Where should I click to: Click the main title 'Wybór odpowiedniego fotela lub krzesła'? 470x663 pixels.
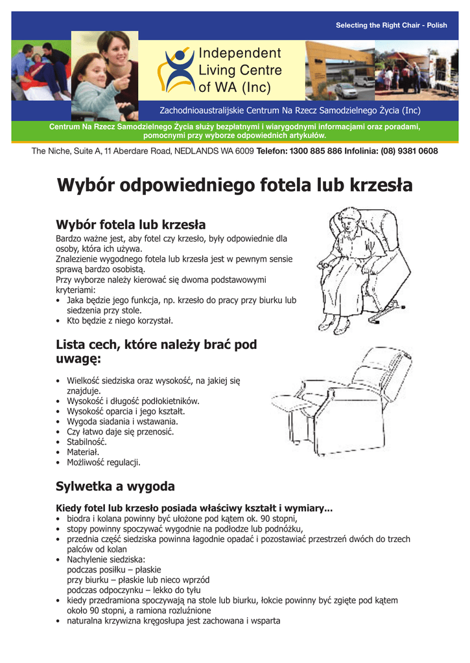click(x=235, y=185)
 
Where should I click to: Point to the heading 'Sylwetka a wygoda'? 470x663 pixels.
click(x=115, y=486)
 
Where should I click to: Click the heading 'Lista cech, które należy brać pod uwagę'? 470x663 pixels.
click(x=156, y=352)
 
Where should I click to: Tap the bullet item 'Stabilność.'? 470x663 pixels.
click(x=87, y=442)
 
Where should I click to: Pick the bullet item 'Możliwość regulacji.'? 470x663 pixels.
click(x=104, y=463)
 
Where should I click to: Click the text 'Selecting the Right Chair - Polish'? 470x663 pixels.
click(x=391, y=25)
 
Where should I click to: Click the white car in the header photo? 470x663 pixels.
click(x=346, y=90)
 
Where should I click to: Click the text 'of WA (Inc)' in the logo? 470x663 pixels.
click(x=235, y=87)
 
